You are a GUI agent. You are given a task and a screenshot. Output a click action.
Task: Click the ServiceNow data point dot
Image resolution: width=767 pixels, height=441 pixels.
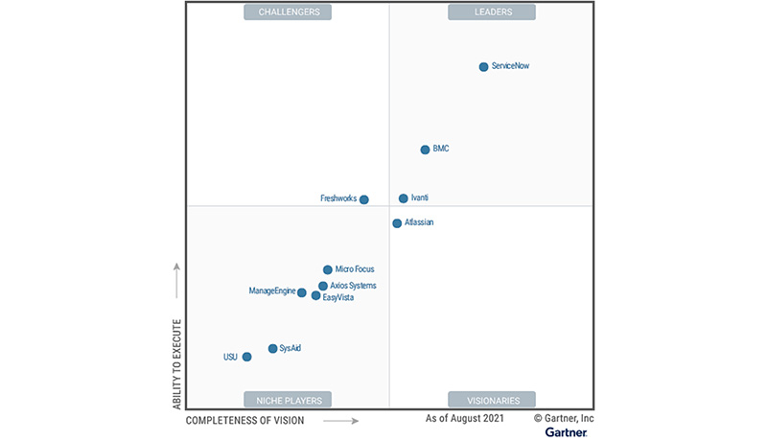483,67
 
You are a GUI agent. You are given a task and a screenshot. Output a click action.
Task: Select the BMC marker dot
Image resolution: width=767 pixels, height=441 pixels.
425,150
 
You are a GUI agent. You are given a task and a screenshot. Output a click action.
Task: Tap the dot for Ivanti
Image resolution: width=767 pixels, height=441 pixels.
404,198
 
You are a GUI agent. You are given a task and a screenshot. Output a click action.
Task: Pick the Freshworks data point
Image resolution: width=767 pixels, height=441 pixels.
364,199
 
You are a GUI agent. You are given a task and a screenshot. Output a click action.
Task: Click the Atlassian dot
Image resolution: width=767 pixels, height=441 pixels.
397,223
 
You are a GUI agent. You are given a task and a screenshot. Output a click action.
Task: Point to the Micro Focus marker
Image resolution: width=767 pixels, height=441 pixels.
328,270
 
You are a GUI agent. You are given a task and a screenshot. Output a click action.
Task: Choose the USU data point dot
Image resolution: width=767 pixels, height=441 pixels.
246,357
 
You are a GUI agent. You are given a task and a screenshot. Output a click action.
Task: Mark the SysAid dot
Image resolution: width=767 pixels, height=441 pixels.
273,349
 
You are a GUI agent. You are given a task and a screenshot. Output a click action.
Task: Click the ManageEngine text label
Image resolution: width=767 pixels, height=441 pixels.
271,291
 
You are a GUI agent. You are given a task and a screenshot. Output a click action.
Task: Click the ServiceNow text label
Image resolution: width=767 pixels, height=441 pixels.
510,66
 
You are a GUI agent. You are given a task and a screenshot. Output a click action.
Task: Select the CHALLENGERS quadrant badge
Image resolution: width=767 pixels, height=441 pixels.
289,12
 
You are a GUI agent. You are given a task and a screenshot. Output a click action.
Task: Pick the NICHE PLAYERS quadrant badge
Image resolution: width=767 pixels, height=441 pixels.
289,400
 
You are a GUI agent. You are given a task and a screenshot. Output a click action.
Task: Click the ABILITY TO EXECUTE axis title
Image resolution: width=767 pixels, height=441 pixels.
176,364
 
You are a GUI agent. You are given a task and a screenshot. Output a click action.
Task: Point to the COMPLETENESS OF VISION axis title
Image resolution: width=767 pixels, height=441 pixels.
244,421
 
